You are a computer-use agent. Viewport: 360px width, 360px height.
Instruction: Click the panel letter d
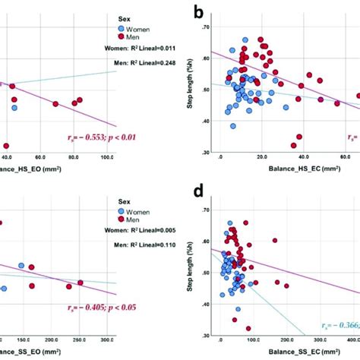198,190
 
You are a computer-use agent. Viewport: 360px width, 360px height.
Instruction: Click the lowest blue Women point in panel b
233,126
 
